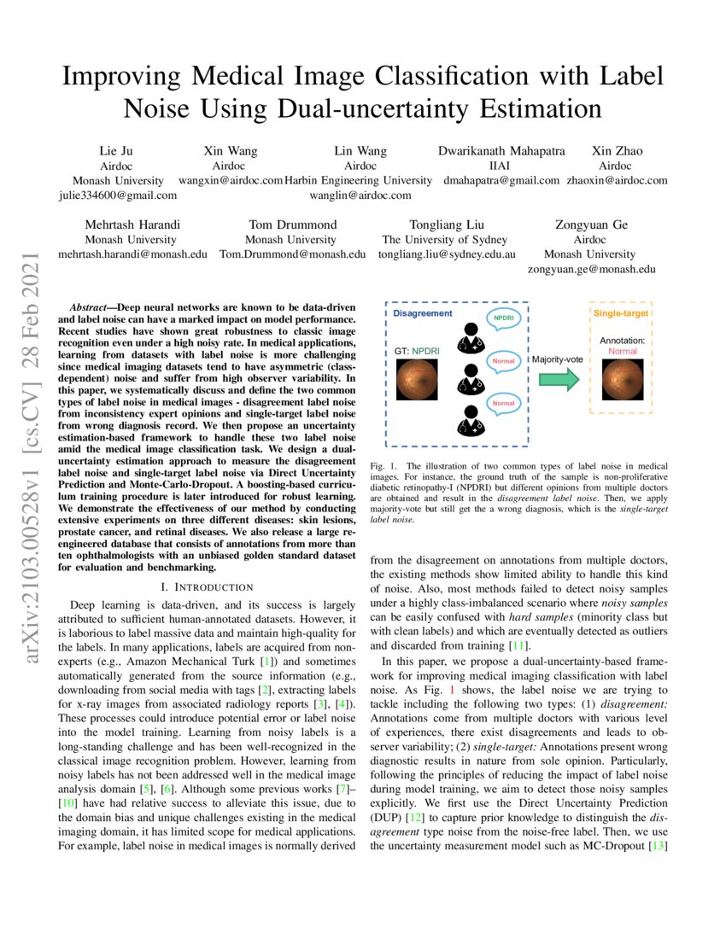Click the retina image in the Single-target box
(622, 380)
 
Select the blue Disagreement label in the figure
(422, 313)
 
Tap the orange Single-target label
(621, 313)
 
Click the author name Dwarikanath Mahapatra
(501, 151)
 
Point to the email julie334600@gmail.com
(118, 195)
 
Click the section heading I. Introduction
(207, 586)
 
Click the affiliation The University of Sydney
(444, 240)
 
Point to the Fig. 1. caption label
(386, 465)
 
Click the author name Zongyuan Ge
(590, 225)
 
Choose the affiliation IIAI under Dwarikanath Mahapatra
(501, 166)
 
